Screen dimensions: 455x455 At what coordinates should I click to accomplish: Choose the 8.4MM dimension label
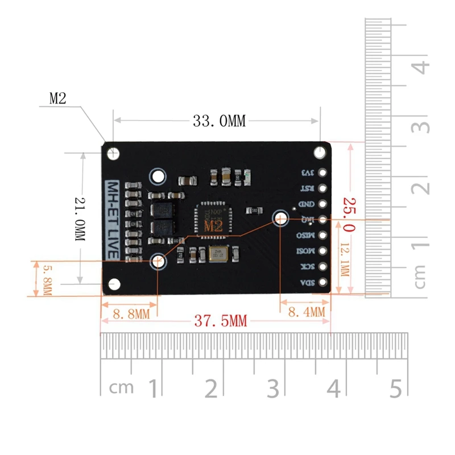[x=307, y=312]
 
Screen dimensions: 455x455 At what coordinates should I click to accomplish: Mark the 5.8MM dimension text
[x=47, y=279]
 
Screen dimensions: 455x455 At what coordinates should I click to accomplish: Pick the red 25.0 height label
[x=348, y=215]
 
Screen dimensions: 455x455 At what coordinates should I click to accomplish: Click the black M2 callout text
[x=58, y=98]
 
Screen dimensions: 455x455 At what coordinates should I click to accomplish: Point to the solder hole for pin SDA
[x=323, y=282]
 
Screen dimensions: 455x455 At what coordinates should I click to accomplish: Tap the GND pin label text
[x=305, y=204]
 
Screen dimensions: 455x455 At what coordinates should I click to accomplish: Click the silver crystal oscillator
[x=217, y=255]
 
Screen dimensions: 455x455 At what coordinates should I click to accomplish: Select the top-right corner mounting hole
[x=322, y=152]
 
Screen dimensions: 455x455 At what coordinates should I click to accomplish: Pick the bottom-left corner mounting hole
[x=114, y=283]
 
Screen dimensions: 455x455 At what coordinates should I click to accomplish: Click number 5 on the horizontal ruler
[x=396, y=388]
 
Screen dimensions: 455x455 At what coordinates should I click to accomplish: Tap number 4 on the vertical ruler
[x=421, y=67]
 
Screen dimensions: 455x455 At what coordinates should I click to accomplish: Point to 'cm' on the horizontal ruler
[x=122, y=388]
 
